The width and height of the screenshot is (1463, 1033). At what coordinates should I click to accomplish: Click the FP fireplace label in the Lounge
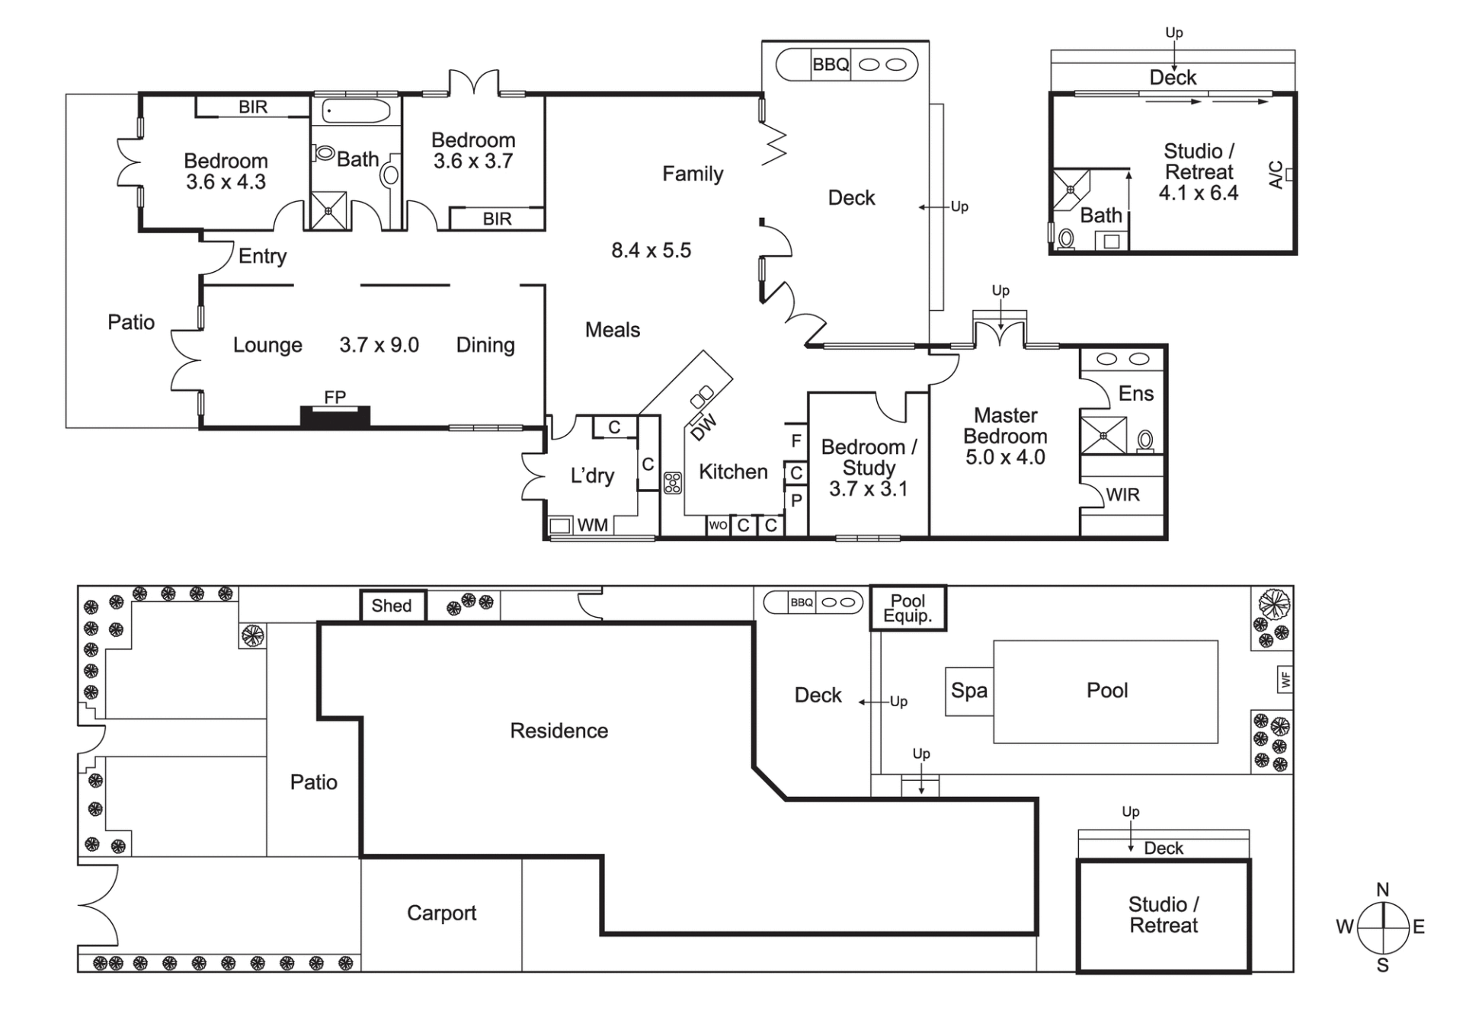pos(335,397)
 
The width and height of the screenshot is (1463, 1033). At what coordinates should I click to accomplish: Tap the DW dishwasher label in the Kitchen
pos(703,427)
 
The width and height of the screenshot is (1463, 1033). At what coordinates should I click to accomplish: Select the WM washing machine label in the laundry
pos(592,525)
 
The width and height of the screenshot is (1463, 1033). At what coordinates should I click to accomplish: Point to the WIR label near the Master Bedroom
pos(1122,495)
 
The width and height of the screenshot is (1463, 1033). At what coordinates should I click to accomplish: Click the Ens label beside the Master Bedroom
pos(1135,394)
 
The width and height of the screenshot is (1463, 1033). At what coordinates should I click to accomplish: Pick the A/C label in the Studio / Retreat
pos(1276,174)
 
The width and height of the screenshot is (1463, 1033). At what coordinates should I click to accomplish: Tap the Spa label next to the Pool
pos(969,691)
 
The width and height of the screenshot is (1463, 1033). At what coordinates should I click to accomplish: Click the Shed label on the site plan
pos(392,606)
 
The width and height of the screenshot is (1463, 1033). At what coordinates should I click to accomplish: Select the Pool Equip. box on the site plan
pos(908,608)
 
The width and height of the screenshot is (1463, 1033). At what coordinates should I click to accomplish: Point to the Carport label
pos(441,913)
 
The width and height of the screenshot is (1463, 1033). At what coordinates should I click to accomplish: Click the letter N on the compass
pos(1383,890)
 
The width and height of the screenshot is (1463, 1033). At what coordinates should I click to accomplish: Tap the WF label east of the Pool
pos(1285,679)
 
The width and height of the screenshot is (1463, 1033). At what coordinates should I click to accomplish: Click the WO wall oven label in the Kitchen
pos(718,525)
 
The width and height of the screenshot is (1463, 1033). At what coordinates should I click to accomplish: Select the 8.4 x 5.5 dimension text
pos(651,251)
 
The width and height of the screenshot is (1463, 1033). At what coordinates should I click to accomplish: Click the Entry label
pos(262,257)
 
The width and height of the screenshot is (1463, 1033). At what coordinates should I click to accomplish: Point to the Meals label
pos(613,330)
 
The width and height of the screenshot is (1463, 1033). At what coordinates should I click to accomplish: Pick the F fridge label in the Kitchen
pos(796,440)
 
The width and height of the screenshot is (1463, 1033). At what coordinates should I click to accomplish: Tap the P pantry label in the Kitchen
pos(796,501)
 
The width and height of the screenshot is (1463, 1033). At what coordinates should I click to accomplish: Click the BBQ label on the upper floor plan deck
pos(831,65)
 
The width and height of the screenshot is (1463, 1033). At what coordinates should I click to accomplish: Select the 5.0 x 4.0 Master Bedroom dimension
pos(1005,457)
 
